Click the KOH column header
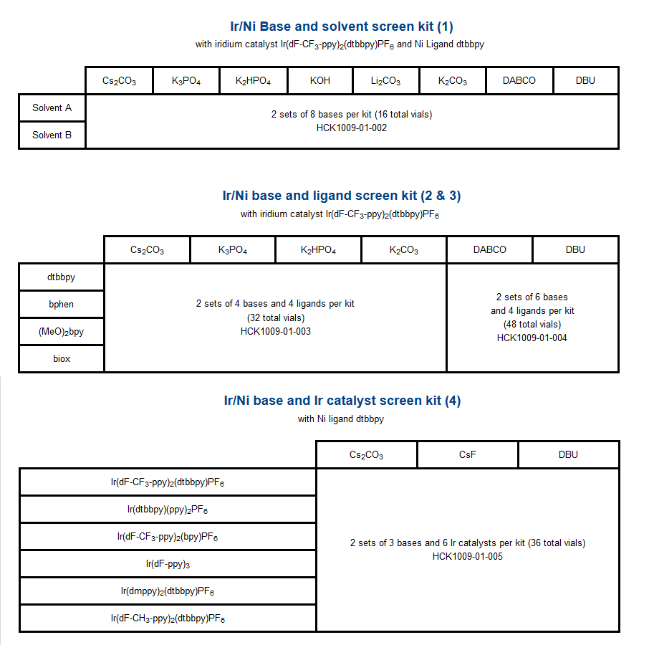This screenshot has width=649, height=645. coord(320,81)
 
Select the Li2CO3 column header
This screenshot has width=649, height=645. coord(385,81)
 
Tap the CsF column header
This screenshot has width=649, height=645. coord(467,454)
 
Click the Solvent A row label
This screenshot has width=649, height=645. coord(52,108)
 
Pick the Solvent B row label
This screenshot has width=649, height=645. coord(52,135)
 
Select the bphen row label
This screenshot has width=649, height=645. coord(62,304)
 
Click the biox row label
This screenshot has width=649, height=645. coord(62,358)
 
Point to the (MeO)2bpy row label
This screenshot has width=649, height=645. coord(62,331)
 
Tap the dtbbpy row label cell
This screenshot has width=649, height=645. coord(62,277)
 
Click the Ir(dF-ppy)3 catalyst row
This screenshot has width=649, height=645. coord(168,564)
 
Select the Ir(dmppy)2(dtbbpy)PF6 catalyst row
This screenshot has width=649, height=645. coord(168,591)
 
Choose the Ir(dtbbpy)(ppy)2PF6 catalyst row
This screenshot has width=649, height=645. coord(168,510)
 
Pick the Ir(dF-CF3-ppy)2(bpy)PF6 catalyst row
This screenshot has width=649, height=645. coord(168,537)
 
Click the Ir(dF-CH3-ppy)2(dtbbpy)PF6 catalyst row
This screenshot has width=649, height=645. coord(168,618)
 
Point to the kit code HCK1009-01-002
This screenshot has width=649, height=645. coord(352,128)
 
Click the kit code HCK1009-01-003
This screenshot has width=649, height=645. coord(275,331)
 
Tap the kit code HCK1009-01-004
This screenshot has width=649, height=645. coord(532,338)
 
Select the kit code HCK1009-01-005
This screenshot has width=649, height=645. coord(468,556)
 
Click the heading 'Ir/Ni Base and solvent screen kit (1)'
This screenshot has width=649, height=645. coord(337,27)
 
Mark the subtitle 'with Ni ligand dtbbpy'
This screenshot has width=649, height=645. coord(341,419)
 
